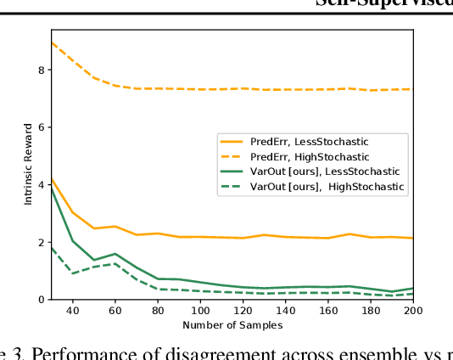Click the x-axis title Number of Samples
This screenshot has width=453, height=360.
click(232, 325)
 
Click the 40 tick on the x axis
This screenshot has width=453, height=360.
click(72, 311)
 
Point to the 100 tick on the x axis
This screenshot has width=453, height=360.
click(201, 311)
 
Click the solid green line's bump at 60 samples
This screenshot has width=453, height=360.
click(115, 254)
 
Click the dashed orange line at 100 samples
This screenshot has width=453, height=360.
click(201, 89)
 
